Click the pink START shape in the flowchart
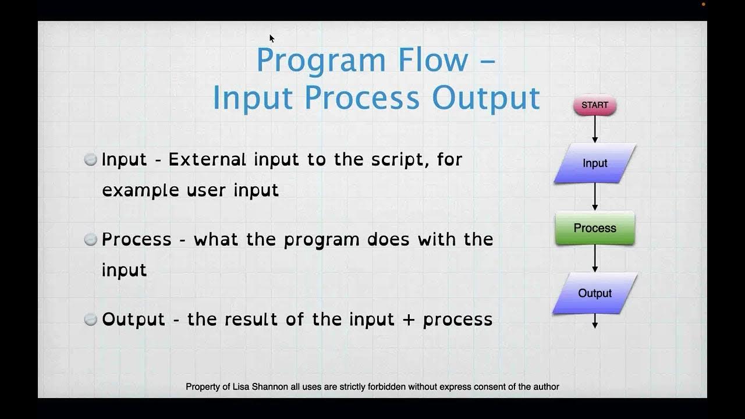[594, 105]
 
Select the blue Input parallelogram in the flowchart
[595, 164]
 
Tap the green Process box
[595, 228]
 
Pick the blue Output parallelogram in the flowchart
[595, 293]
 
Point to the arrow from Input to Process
[595, 197]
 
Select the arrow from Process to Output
[595, 258]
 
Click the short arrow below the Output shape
[595, 321]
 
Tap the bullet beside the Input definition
[90, 159]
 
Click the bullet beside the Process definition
[90, 239]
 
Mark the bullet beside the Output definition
[90, 319]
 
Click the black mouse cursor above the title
[271, 38]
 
